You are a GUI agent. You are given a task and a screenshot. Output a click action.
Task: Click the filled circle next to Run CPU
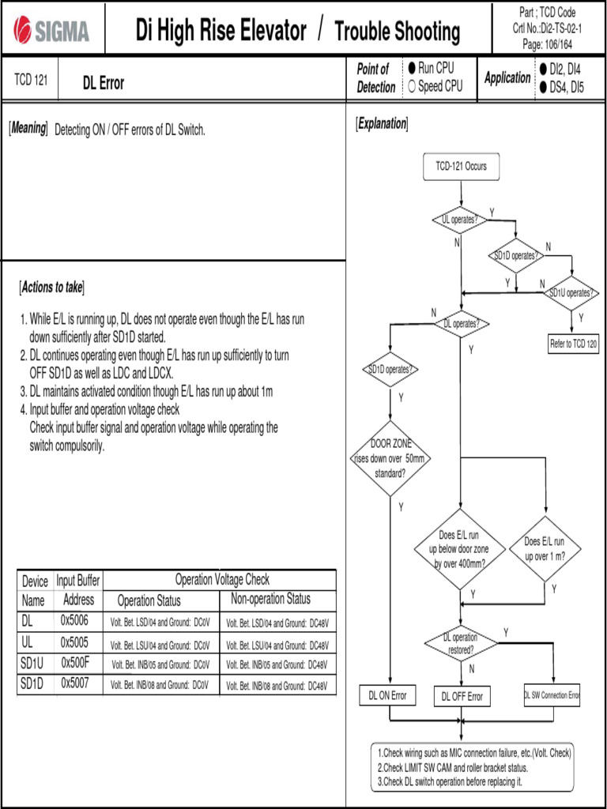tap(412, 69)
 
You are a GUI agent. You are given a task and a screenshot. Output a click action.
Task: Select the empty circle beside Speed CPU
tap(412, 86)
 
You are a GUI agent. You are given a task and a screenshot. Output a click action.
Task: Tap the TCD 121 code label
tap(31, 81)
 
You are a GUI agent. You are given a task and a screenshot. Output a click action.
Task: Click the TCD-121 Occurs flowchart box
tap(462, 167)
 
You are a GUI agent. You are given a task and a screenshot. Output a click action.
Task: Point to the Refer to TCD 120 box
tap(573, 344)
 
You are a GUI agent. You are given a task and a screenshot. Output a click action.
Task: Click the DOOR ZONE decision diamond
tap(390, 458)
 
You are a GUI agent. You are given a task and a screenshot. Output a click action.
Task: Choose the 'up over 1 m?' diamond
tap(545, 548)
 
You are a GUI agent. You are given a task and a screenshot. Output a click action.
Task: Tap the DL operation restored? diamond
tap(460, 643)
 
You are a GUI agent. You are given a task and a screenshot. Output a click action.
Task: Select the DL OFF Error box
tap(462, 696)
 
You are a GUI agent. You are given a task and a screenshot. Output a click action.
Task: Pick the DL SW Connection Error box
tap(552, 695)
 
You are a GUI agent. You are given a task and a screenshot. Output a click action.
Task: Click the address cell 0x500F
tap(76, 662)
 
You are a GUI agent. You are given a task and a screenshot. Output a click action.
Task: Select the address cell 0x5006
tap(76, 621)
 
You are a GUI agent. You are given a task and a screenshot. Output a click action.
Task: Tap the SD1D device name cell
tap(35, 683)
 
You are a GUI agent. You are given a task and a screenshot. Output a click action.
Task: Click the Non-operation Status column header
tap(270, 599)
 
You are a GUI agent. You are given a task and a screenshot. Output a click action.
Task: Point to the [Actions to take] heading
tap(51, 286)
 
